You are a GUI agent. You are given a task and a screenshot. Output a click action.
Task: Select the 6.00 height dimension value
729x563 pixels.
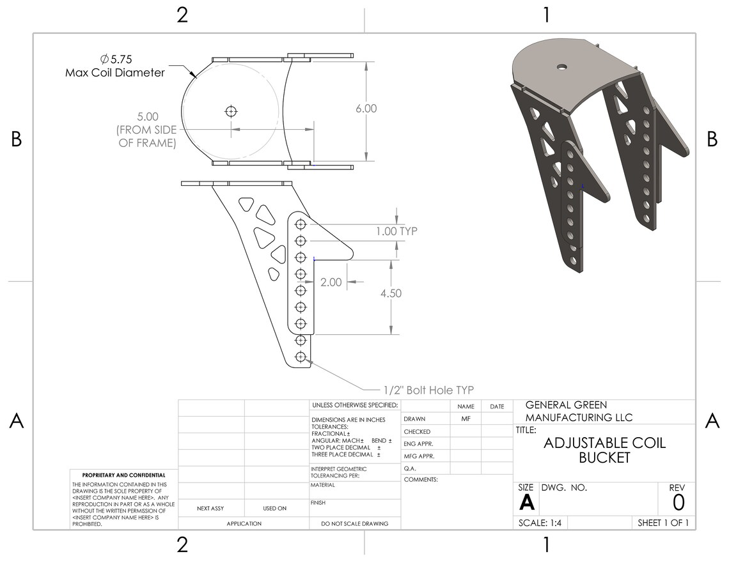(x=366, y=109)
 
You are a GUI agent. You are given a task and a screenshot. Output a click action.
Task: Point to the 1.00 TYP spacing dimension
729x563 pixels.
(x=396, y=231)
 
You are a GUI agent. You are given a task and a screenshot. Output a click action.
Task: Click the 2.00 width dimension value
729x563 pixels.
(x=331, y=282)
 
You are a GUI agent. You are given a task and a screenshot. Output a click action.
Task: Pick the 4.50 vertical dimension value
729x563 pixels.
(x=390, y=293)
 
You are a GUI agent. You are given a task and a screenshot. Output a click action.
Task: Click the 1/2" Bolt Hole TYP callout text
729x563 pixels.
(x=428, y=390)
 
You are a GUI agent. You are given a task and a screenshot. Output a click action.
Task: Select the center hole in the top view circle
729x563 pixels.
(x=231, y=112)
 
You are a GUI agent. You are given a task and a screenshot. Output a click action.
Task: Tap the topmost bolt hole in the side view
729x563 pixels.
(x=299, y=224)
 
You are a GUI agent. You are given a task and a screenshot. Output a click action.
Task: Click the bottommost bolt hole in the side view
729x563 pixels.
(x=299, y=357)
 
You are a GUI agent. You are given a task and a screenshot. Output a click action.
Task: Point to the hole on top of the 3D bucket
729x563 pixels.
(x=561, y=66)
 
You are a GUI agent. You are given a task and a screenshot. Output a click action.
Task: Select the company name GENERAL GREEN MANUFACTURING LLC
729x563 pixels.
(x=579, y=412)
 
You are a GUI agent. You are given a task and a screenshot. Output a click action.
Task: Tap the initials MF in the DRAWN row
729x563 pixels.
(x=466, y=419)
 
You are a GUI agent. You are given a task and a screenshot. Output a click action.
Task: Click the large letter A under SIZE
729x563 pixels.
(x=526, y=503)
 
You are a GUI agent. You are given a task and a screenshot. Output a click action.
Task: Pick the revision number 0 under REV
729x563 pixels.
(x=678, y=503)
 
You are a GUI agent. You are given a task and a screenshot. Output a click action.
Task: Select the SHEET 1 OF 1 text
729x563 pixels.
(x=663, y=523)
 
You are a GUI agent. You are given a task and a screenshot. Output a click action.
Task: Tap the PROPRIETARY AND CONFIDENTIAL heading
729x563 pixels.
(x=123, y=475)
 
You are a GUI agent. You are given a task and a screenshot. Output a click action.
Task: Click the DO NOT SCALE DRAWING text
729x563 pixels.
(x=354, y=524)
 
